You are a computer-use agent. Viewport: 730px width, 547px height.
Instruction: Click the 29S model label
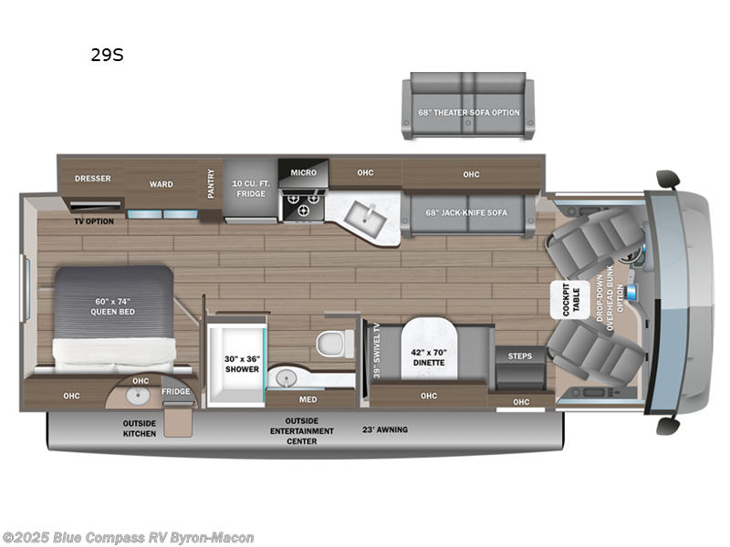[106, 55]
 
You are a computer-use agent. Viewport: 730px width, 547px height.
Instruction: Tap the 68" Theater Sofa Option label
[469, 112]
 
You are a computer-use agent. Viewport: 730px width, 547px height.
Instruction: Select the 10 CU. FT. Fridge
[249, 188]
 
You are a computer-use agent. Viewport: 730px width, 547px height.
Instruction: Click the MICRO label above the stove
[303, 171]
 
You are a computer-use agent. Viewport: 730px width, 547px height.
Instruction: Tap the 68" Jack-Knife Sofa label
[466, 212]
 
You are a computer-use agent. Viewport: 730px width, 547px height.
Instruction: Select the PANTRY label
[211, 182]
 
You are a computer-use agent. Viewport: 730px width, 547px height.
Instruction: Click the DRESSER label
[92, 179]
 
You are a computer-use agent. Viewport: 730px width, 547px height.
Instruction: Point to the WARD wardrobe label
[161, 184]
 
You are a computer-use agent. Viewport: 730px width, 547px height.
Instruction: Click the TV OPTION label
[94, 221]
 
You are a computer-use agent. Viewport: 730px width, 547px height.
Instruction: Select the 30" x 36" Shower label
[243, 364]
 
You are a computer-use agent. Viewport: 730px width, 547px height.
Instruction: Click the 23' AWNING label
[386, 429]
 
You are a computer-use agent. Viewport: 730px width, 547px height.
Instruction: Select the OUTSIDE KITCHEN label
[140, 428]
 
